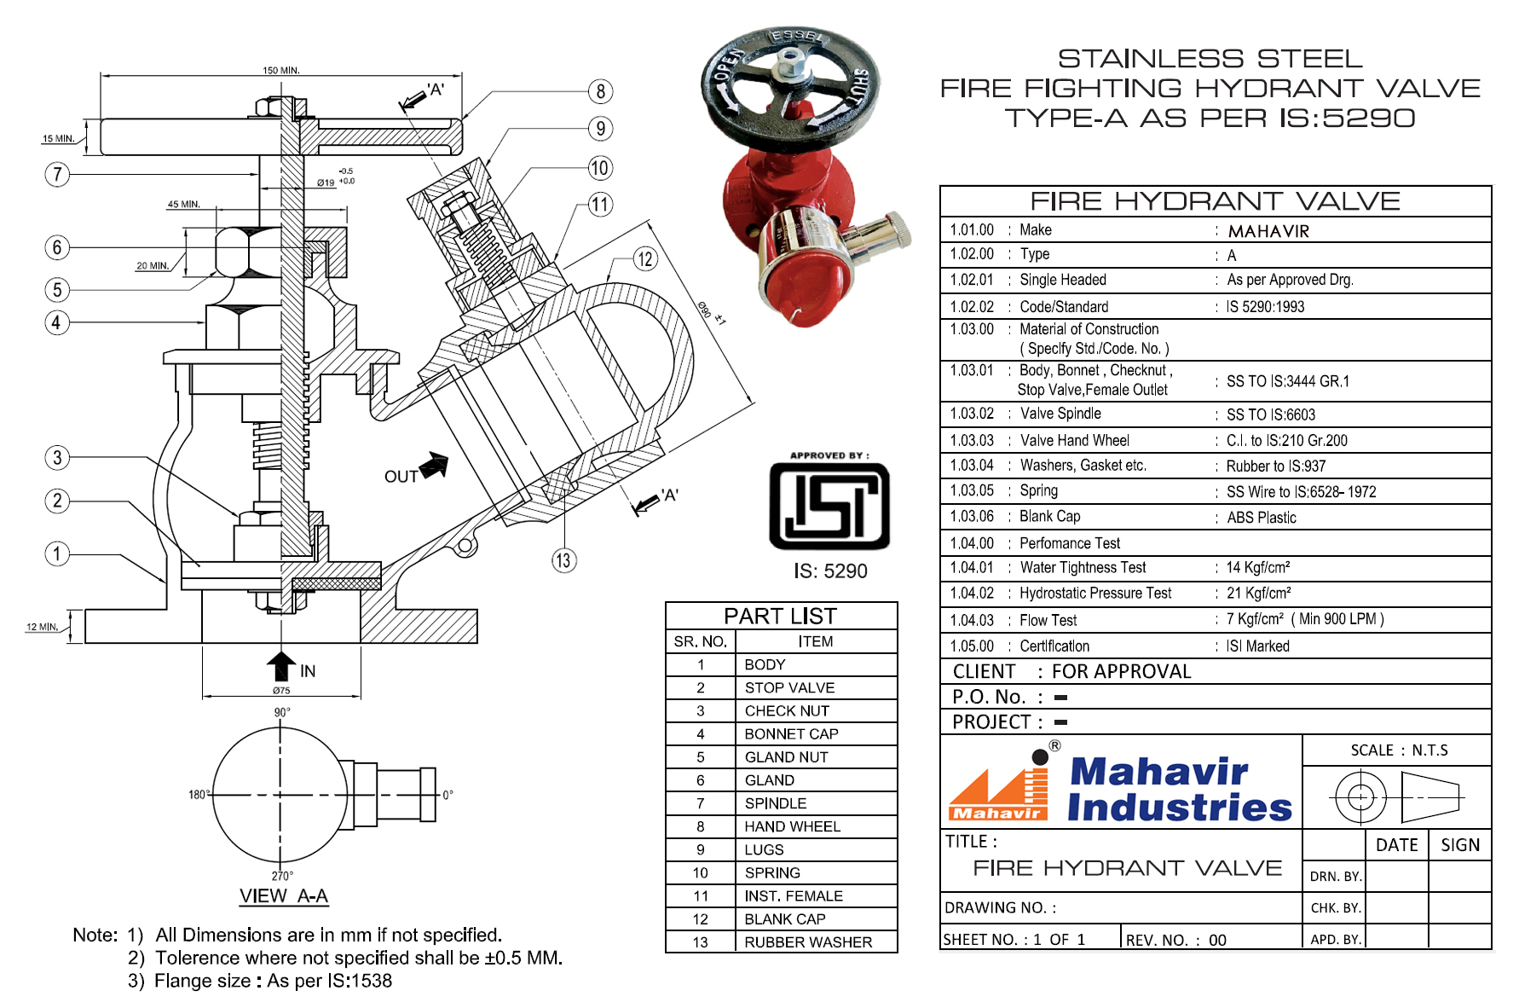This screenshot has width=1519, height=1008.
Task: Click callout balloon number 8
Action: click(600, 91)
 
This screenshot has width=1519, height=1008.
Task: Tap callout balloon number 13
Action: click(563, 560)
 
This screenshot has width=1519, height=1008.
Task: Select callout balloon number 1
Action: click(56, 553)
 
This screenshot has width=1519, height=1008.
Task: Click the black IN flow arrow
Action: click(281, 665)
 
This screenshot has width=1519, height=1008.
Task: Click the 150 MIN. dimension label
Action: click(280, 70)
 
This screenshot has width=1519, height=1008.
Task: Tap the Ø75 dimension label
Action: click(281, 691)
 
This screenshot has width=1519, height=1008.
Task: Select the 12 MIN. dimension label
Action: click(42, 627)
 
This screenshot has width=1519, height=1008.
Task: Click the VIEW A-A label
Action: click(283, 896)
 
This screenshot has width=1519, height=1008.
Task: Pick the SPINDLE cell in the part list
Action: click(775, 803)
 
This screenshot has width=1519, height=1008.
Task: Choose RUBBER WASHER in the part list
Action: click(807, 942)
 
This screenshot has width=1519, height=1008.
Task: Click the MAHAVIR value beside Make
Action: click(1268, 231)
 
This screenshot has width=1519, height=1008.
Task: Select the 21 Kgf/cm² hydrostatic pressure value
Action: click(1258, 594)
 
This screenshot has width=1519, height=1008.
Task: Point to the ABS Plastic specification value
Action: click(1261, 518)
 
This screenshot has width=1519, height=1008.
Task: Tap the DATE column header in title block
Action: click(1396, 845)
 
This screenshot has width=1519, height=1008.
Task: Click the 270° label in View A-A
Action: click(282, 876)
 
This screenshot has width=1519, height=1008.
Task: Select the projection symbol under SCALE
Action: click(1396, 797)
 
